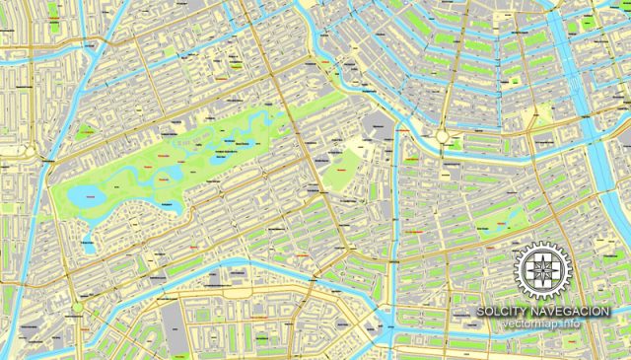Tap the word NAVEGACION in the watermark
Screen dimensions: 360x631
click(574, 312)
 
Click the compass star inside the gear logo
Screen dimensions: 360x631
click(542, 270)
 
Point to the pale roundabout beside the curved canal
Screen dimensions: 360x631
click(443, 137)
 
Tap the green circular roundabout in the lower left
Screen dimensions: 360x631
click(78, 307)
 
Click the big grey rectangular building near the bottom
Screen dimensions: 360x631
click(172, 322)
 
